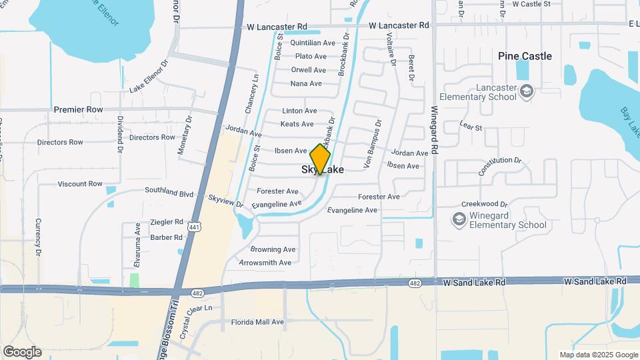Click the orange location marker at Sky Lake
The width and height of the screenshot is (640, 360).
pyautogui.click(x=320, y=159)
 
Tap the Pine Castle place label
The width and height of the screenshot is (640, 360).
pyautogui.click(x=525, y=56)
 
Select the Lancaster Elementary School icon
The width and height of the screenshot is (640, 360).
pyautogui.click(x=527, y=91)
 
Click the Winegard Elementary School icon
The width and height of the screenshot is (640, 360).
pyautogui.click(x=459, y=219)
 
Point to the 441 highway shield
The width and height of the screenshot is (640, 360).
pyautogui.click(x=194, y=227)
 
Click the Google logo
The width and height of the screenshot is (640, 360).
pyautogui.click(x=22, y=351)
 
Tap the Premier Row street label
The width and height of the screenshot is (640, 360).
pyautogui.click(x=78, y=109)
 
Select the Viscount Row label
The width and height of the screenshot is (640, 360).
pyautogui.click(x=80, y=184)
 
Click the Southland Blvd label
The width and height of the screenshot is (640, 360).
pyautogui.click(x=170, y=193)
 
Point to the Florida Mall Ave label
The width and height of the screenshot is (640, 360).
pyautogui.click(x=257, y=322)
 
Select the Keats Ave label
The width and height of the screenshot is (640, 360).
pyautogui.click(x=297, y=124)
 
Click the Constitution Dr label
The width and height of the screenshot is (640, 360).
pyautogui.click(x=499, y=165)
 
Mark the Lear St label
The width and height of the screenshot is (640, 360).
pyautogui.click(x=471, y=125)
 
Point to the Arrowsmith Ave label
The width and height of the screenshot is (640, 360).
pyautogui.click(x=265, y=263)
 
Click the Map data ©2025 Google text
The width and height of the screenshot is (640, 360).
pyautogui.click(x=598, y=355)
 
